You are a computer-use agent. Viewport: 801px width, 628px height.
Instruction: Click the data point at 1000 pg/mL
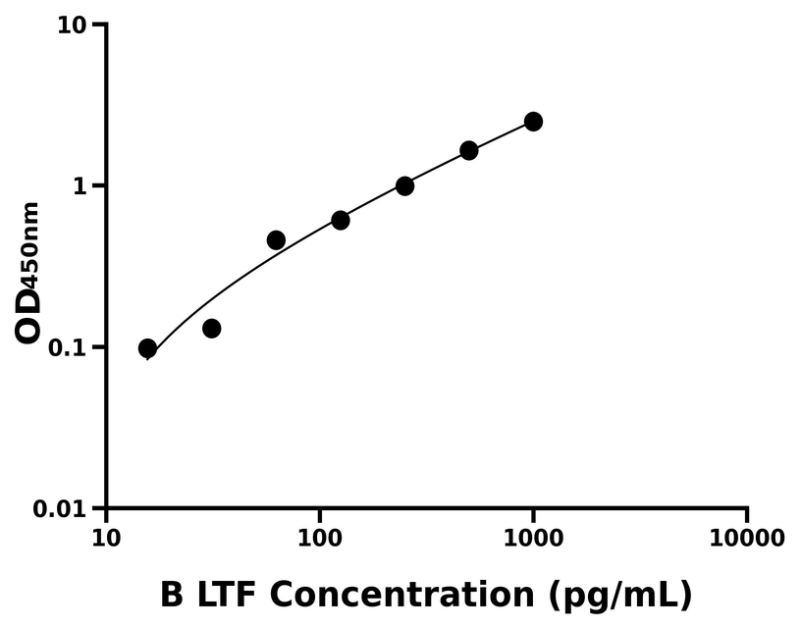click(x=533, y=122)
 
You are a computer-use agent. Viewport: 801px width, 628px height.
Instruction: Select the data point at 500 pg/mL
click(x=469, y=150)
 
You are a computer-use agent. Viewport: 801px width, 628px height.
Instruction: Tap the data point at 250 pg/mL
click(x=404, y=185)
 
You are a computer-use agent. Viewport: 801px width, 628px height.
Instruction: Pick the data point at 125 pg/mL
click(x=341, y=220)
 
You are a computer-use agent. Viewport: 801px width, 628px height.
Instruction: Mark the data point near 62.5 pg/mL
click(x=276, y=240)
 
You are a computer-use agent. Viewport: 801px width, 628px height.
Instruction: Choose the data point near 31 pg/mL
click(x=211, y=328)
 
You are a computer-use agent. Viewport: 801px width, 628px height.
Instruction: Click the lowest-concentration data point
click(x=147, y=348)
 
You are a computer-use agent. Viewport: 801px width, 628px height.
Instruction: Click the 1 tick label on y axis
click(x=83, y=186)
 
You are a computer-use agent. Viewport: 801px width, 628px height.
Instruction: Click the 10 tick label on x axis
click(x=106, y=539)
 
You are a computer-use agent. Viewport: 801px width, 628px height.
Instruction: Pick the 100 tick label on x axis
click(x=319, y=539)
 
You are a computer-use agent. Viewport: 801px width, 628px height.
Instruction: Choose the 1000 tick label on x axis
click(x=533, y=539)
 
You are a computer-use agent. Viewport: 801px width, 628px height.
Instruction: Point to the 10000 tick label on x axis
click(x=746, y=539)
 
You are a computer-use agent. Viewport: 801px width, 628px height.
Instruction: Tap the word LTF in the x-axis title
click(x=225, y=594)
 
